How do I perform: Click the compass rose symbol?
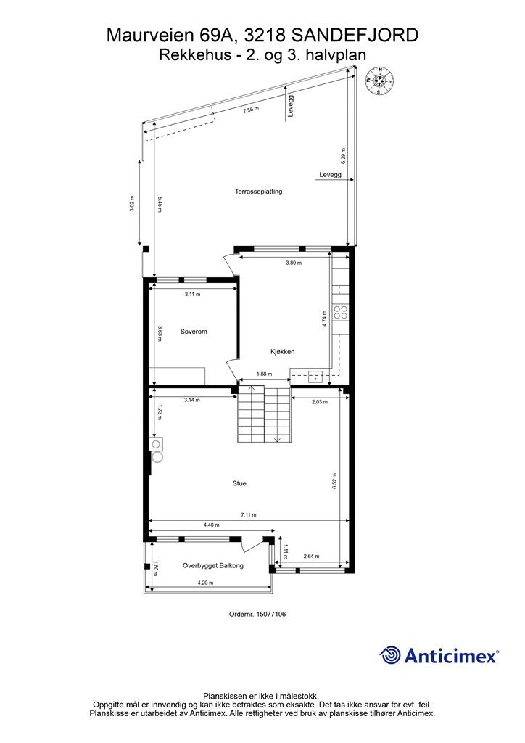point(379,80)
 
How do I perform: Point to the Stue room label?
point(239,483)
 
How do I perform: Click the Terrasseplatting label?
point(258,192)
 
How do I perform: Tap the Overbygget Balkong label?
point(212,565)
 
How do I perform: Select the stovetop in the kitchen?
point(340,313)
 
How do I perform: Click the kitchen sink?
point(315,377)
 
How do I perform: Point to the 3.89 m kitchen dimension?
point(293,262)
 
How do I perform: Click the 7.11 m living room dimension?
point(248,515)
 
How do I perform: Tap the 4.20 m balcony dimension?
point(204,582)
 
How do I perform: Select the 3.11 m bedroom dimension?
point(191,294)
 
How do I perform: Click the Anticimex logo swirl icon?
point(390,655)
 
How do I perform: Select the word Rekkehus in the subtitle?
point(184,54)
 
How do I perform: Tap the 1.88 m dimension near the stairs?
point(264,374)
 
